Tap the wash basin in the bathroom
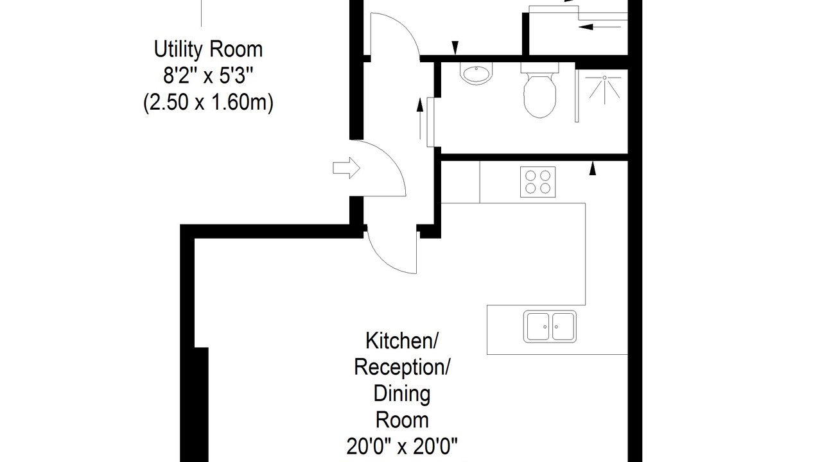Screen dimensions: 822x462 477,74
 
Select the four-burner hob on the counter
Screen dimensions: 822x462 538,182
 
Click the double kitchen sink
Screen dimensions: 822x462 550,327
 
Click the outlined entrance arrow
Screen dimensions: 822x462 346,168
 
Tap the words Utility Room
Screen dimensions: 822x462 208,49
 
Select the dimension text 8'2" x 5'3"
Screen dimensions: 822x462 208,76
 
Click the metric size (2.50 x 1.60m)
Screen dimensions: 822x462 208,102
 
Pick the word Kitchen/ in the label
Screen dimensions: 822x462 402,341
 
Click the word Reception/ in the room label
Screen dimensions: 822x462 402,367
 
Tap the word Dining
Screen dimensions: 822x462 402,393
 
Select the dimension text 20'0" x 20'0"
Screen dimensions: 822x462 402,446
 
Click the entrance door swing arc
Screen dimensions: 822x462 392,157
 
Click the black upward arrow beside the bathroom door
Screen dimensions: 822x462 420,119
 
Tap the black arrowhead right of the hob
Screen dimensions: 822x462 592,169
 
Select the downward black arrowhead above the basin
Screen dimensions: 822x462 455,47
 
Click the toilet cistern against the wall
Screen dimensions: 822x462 539,67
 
